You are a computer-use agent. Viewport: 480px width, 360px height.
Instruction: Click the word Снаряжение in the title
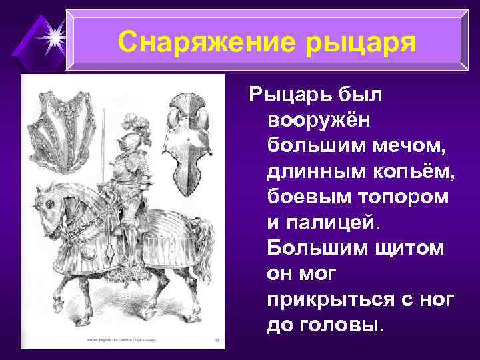tap(201, 41)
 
